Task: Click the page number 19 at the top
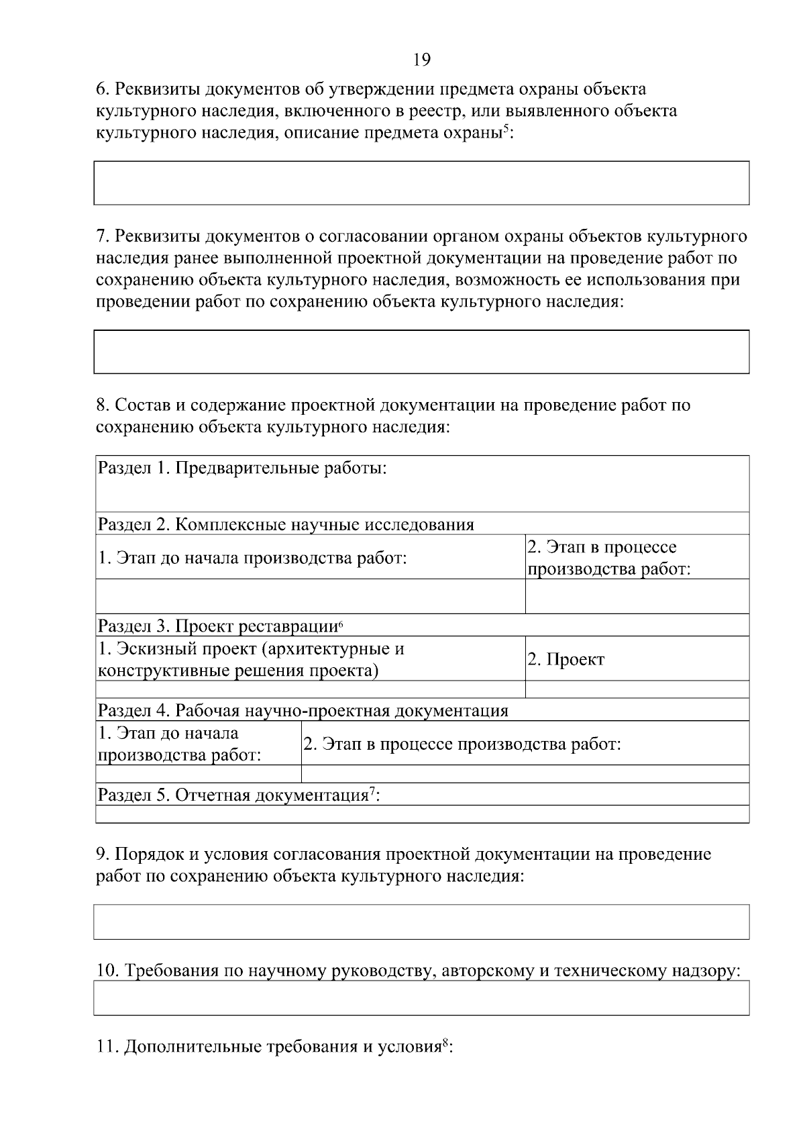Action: (422, 60)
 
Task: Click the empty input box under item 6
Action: (421, 183)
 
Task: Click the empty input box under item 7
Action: (421, 351)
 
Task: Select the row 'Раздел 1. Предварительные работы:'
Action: (421, 483)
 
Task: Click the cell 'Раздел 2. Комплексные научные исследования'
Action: (421, 524)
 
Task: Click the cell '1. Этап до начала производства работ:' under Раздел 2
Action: (311, 558)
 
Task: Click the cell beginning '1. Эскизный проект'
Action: (311, 659)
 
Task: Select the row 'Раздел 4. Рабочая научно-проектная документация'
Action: (421, 710)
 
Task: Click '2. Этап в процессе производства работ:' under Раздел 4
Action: (525, 744)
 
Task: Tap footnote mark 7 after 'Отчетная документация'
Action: (372, 791)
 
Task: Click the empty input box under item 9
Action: (421, 922)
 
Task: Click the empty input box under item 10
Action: (421, 998)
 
